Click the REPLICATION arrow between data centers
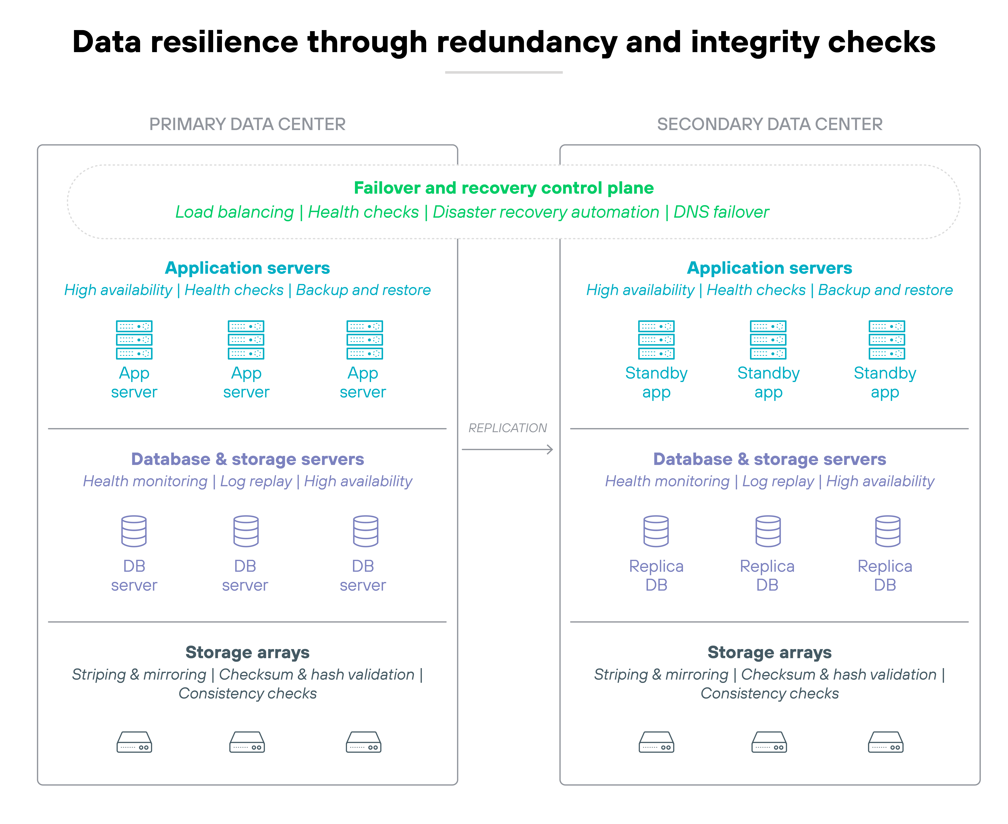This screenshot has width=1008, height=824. coord(507,449)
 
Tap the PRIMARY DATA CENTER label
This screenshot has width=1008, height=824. coord(247,124)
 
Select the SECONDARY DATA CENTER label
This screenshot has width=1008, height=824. coord(770,124)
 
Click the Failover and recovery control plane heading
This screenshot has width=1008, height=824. coord(504,188)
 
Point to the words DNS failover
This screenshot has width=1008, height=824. coord(721,212)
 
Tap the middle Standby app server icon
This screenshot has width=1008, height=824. coord(768,340)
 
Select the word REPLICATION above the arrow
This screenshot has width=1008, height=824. coord(507,428)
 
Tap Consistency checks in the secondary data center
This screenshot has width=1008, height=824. coord(770,693)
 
